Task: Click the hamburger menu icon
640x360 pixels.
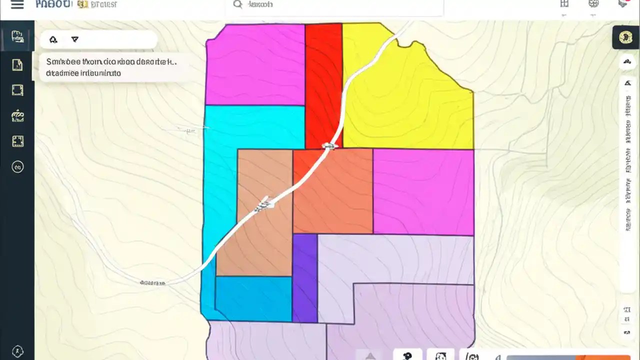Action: (17, 5)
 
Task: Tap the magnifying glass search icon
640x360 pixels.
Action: (237, 4)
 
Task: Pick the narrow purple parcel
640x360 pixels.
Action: (304, 278)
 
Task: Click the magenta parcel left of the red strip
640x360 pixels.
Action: (255, 65)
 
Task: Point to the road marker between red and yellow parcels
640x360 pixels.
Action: (329, 146)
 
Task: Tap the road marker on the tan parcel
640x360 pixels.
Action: (264, 203)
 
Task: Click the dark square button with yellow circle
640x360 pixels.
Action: (624, 37)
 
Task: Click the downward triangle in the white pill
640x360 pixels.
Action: (75, 39)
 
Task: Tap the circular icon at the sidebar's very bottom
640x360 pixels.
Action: (17, 351)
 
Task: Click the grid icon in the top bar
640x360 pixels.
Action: (564, 4)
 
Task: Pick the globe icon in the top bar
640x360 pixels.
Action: (593, 4)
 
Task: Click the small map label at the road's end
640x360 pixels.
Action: (152, 283)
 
